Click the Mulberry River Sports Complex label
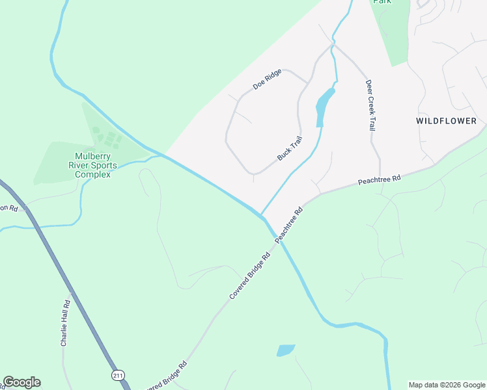tap(95, 165)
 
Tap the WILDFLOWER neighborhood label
tap(447, 121)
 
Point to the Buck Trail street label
tap(290, 148)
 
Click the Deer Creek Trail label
tap(369, 105)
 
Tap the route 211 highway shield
tap(117, 375)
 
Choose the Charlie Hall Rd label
tap(65, 323)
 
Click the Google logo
tap(21, 382)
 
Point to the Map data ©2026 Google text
tap(446, 385)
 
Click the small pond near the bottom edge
tap(286, 350)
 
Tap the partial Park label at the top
tap(382, 2)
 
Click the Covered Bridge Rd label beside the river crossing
tap(249, 276)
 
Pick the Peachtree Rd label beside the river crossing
tap(290, 225)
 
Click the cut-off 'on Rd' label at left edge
tap(8, 208)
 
